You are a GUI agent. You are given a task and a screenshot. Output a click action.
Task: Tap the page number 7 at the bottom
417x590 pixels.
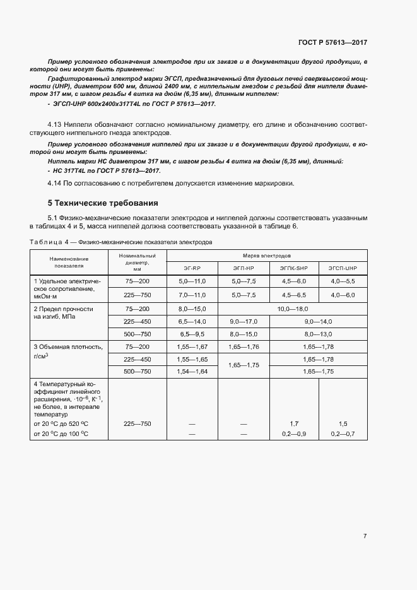[365, 536]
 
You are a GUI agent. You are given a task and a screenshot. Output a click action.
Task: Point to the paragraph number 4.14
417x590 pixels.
[56, 183]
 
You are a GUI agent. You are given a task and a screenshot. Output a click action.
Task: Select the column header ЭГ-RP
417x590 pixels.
[191, 268]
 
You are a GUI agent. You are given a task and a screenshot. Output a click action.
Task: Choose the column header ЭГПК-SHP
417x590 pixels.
[294, 268]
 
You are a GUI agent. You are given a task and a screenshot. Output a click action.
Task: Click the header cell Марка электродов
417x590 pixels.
[267, 256]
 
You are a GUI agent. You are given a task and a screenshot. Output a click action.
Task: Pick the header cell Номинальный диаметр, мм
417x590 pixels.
[137, 262]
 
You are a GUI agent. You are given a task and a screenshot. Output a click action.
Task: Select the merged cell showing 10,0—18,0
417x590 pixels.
[293, 309]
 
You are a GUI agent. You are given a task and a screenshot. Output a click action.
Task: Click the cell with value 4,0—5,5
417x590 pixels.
[343, 280]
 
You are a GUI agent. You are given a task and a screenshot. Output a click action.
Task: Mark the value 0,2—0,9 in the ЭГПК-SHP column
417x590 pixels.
[294, 434]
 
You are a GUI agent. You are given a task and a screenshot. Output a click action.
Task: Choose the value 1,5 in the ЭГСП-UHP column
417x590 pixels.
[343, 424]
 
